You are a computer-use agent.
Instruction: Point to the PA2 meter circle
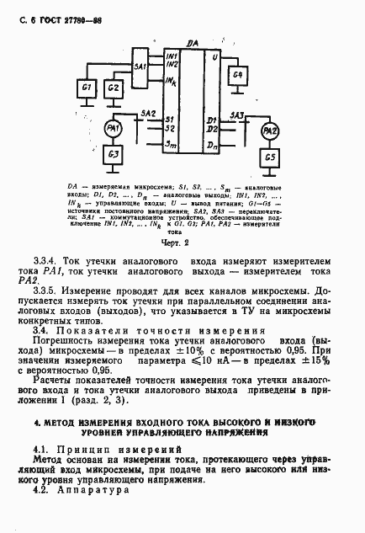[269, 131]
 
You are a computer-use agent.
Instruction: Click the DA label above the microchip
[193, 42]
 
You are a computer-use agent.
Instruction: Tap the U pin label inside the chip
[215, 56]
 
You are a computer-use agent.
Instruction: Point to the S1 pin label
[170, 118]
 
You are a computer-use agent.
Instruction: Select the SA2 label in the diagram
[148, 112]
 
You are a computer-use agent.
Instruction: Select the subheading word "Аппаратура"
[94, 488]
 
